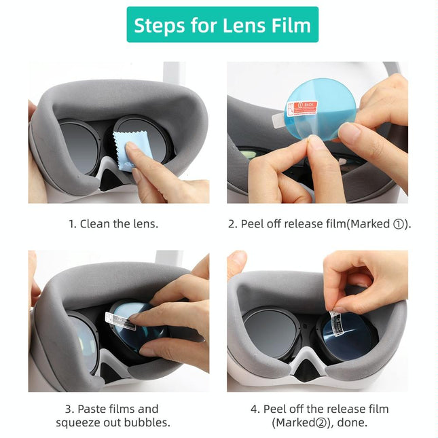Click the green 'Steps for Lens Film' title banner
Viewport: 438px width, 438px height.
click(x=222, y=25)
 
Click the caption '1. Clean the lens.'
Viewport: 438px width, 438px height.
click(x=113, y=223)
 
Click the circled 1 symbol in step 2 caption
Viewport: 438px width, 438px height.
click(x=399, y=223)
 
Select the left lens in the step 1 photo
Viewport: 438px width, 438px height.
click(x=79, y=145)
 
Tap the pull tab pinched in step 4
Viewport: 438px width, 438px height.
click(x=335, y=318)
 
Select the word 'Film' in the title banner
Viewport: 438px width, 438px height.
click(x=292, y=25)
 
